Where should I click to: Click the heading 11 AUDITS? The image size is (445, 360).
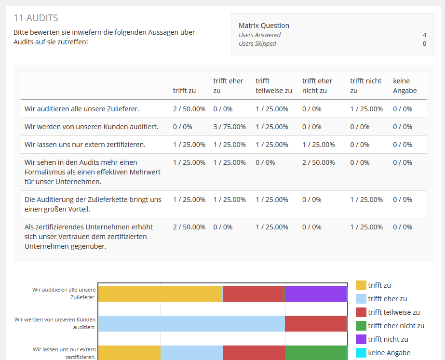point(36,18)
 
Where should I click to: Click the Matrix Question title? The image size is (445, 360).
point(264,26)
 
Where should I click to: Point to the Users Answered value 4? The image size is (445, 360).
point(424,35)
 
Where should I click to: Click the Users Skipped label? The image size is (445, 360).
point(257,43)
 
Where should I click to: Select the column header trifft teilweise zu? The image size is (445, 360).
point(273,86)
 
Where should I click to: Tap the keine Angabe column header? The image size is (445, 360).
point(405,86)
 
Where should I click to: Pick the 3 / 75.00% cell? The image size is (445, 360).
point(229,127)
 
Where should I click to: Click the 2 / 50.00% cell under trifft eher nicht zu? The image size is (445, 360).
point(318,162)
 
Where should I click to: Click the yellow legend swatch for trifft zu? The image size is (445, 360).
point(361,285)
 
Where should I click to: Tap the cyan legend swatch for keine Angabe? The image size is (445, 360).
point(361,353)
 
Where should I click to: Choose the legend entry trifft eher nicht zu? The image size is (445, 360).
point(396,326)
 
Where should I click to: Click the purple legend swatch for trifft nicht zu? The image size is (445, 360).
point(361,339)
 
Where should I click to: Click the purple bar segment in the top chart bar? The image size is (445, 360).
point(316,294)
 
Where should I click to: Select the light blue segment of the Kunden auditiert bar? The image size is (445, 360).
point(191,324)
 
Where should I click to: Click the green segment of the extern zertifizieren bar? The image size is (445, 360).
point(316,353)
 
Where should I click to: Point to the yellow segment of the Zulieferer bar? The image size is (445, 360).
point(161,294)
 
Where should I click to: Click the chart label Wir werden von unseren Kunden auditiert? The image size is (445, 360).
point(55,323)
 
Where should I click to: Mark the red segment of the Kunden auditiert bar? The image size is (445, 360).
point(316,324)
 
